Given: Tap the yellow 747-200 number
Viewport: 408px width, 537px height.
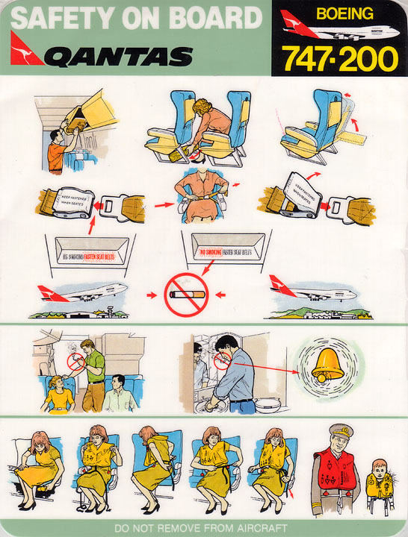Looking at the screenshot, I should point(340,57).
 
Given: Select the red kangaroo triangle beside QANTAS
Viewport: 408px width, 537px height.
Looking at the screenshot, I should point(27,53).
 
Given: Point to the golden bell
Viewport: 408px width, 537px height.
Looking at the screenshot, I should point(328,363).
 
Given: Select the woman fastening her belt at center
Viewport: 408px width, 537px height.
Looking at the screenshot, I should point(200,198).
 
